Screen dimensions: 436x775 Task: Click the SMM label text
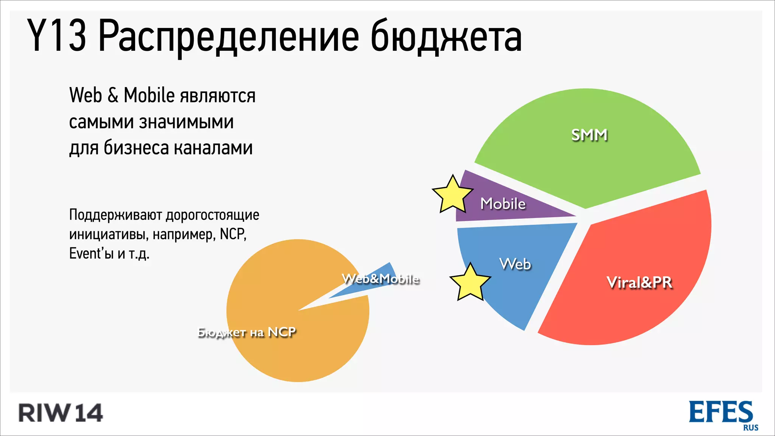tap(589, 135)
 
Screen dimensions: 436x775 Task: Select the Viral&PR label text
tap(639, 283)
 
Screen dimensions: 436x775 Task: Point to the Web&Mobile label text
tap(380, 279)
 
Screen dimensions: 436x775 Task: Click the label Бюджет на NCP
tap(247, 332)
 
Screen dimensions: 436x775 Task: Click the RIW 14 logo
tap(61, 413)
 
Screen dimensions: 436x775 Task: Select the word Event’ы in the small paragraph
tap(91, 253)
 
